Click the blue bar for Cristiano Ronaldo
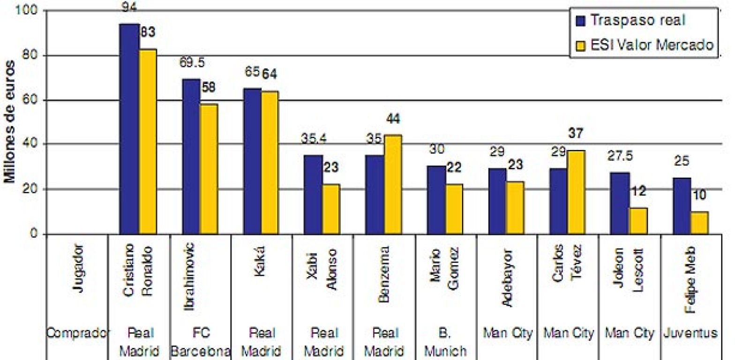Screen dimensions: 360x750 (x=129, y=129)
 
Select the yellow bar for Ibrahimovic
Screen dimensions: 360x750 (x=209, y=169)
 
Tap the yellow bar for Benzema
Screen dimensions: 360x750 (x=392, y=184)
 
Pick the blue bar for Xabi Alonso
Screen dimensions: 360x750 (x=313, y=194)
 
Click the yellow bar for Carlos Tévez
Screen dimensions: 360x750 (x=576, y=192)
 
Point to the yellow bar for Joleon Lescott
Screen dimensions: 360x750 (x=637, y=221)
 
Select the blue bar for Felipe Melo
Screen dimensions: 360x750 (x=682, y=206)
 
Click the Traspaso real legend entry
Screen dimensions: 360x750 (x=631, y=21)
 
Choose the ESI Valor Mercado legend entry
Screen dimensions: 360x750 (x=645, y=45)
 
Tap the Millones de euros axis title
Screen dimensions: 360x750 (x=10, y=122)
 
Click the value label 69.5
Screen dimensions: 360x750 (x=192, y=63)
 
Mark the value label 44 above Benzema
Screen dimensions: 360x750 (x=393, y=119)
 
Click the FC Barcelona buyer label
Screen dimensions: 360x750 (x=200, y=342)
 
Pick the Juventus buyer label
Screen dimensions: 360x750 (x=690, y=333)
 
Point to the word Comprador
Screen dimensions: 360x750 (x=78, y=333)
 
